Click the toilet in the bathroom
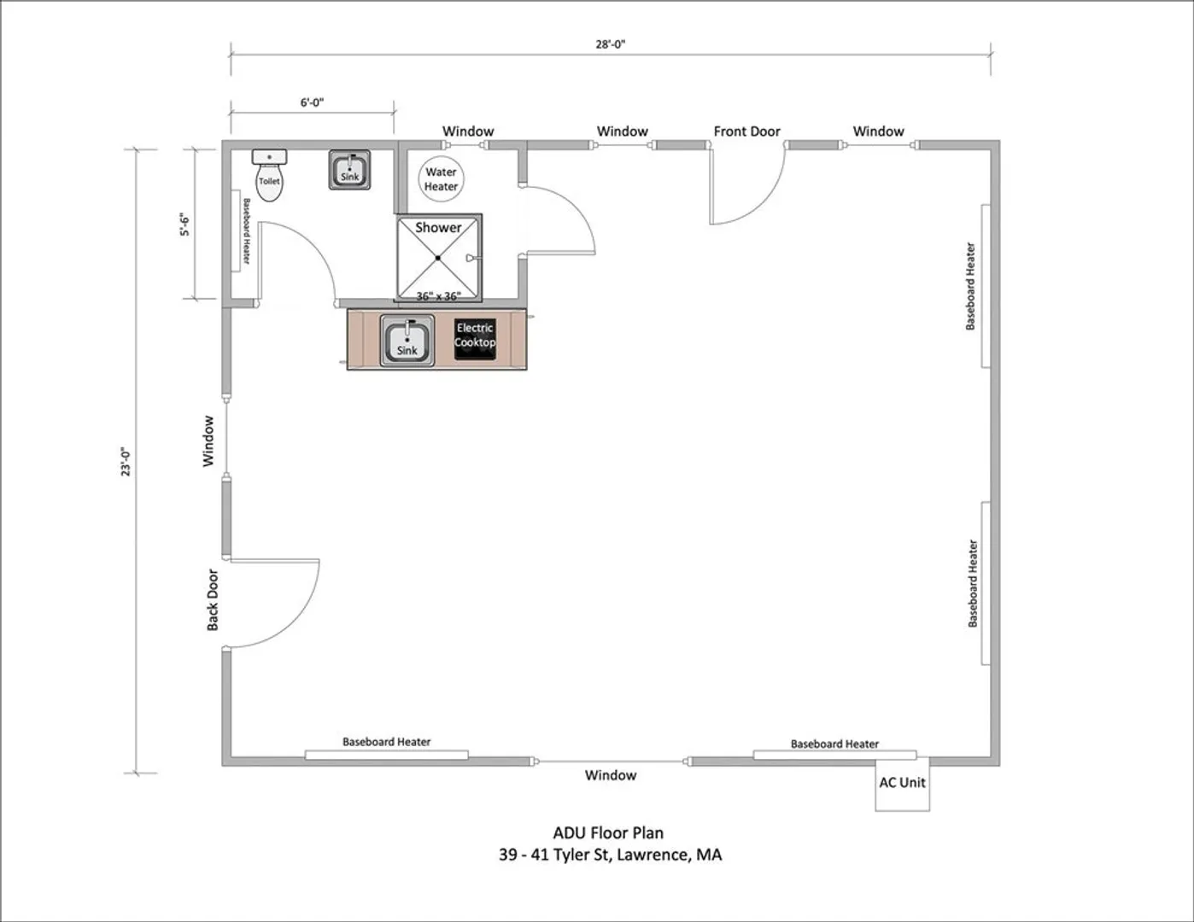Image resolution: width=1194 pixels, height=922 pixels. tap(269, 176)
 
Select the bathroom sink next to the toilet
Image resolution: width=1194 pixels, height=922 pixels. tap(349, 170)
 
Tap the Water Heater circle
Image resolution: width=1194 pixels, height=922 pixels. tap(442, 178)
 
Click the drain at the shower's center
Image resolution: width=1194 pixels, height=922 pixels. tap(438, 258)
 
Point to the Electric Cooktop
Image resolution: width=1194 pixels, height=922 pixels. tap(475, 340)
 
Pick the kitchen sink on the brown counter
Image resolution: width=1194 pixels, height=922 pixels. tap(407, 341)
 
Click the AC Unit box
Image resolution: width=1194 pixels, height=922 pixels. tap(902, 785)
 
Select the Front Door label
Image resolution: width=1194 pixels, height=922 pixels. tap(746, 131)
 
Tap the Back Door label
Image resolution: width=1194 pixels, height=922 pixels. tap(213, 600)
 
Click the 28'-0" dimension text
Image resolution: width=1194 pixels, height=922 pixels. tap(611, 44)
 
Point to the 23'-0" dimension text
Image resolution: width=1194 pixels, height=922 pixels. tap(126, 462)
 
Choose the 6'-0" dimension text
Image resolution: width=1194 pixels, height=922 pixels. tap(312, 102)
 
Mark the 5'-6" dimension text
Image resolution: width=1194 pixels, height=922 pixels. tap(184, 225)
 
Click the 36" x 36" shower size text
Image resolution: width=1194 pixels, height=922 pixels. tap(438, 296)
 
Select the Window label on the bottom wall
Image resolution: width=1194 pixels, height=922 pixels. tap(611, 775)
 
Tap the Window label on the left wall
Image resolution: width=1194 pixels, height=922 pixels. tap(208, 441)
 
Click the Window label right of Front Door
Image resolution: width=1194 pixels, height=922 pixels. tap(878, 131)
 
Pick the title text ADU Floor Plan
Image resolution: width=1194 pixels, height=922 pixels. tap(608, 833)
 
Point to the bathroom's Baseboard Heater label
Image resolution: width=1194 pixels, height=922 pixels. tap(247, 231)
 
